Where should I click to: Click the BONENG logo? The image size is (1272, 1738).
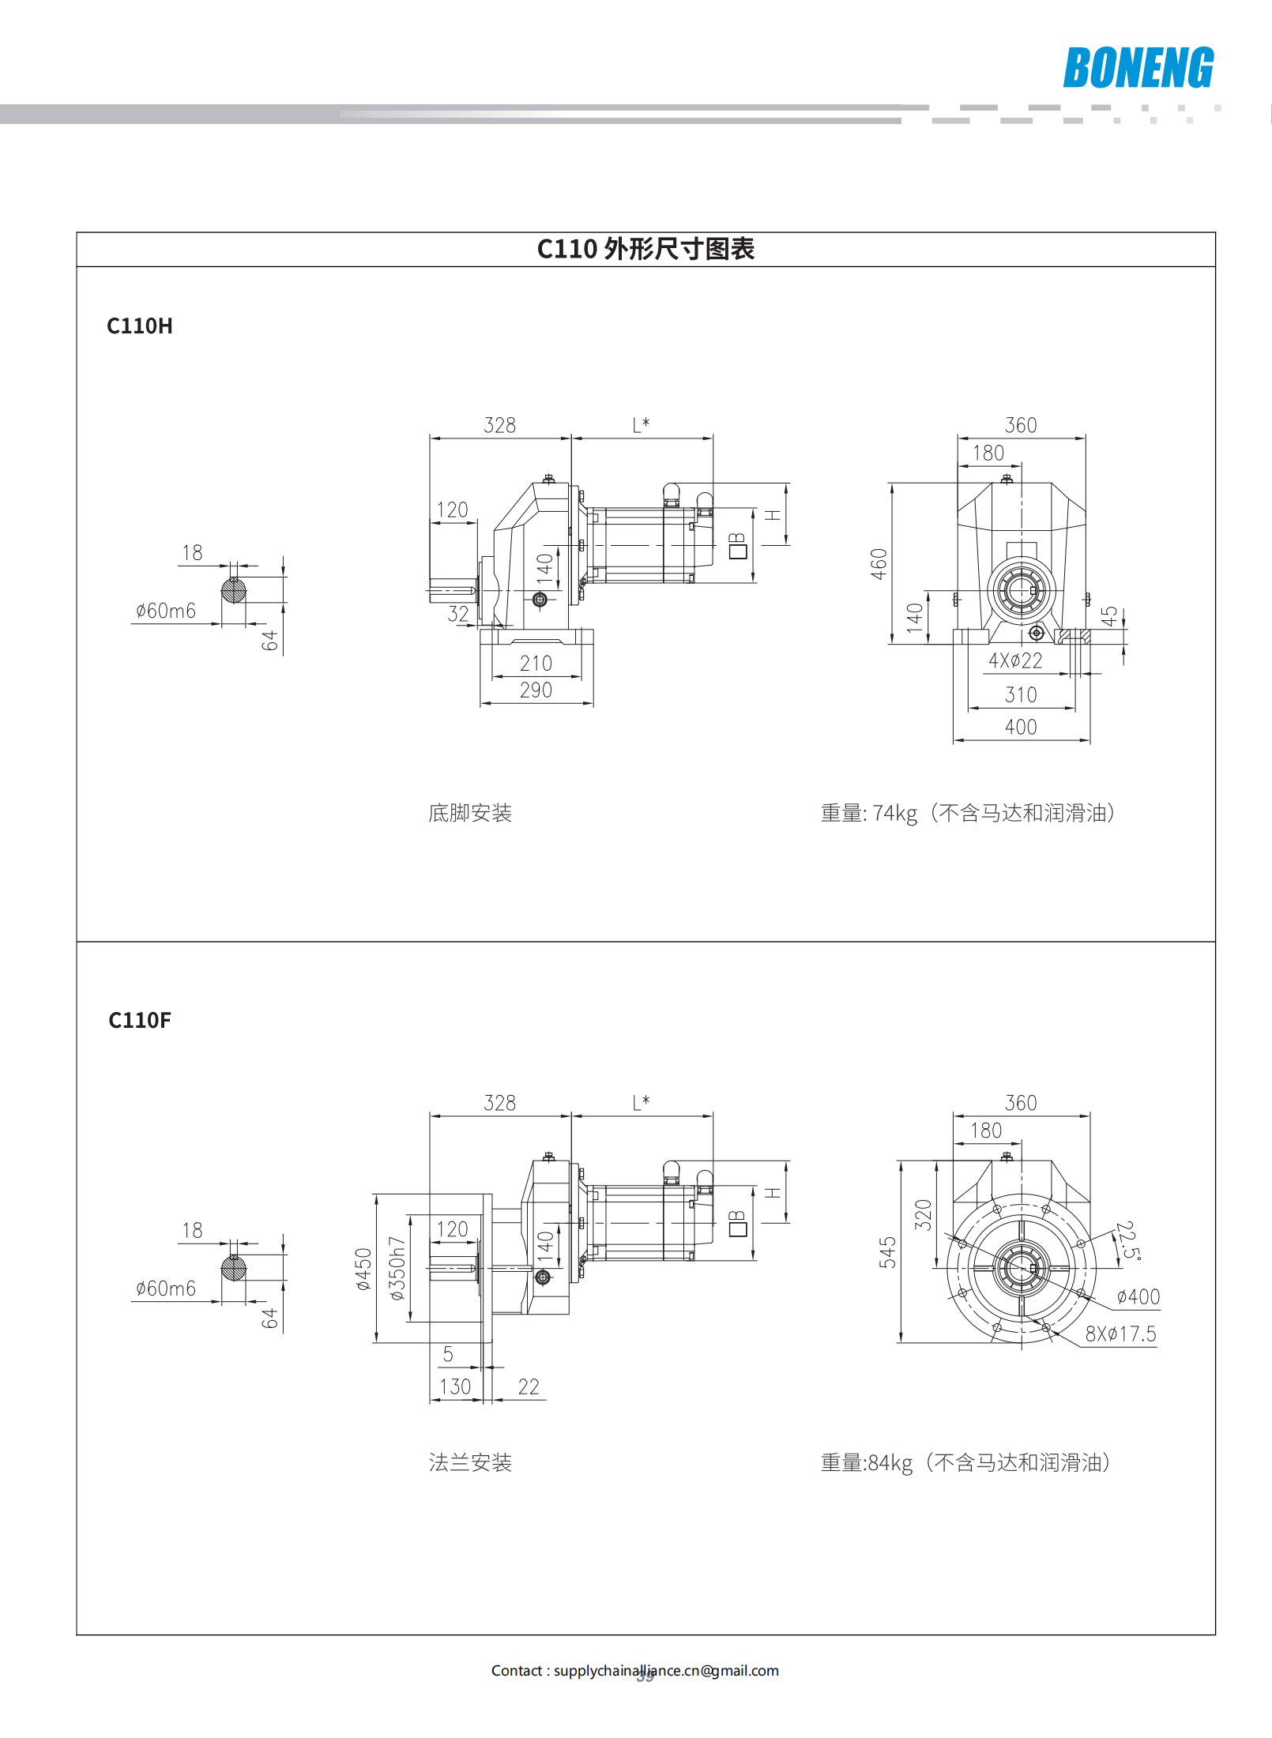pos(1138,68)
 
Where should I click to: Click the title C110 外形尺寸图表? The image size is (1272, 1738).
pos(645,249)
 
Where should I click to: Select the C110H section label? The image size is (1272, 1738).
pos(140,326)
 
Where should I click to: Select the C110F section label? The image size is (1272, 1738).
pos(140,1020)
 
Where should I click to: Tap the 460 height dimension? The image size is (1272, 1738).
pos(879,564)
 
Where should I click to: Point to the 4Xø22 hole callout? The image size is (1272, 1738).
pos(1015,660)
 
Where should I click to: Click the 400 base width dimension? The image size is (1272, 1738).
pos(1021,727)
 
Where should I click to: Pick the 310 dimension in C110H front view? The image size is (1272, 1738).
pos(1021,694)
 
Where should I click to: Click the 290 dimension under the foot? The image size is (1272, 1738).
pos(536,690)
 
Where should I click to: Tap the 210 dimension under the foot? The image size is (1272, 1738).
pos(536,663)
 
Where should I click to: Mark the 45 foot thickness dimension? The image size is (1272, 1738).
pos(1110,616)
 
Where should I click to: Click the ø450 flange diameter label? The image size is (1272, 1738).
pos(363,1269)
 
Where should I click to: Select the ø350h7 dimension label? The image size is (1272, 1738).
pos(397,1268)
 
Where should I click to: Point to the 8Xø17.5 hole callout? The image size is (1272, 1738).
pos(1120,1334)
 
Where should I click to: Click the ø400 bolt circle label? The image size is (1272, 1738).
pos(1138,1296)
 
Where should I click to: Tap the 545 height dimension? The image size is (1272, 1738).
pos(888,1252)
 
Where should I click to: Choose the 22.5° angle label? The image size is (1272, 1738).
pos(1127,1240)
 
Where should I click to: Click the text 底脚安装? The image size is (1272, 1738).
pos(470,813)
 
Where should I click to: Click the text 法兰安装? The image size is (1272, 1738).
pos(470,1462)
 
